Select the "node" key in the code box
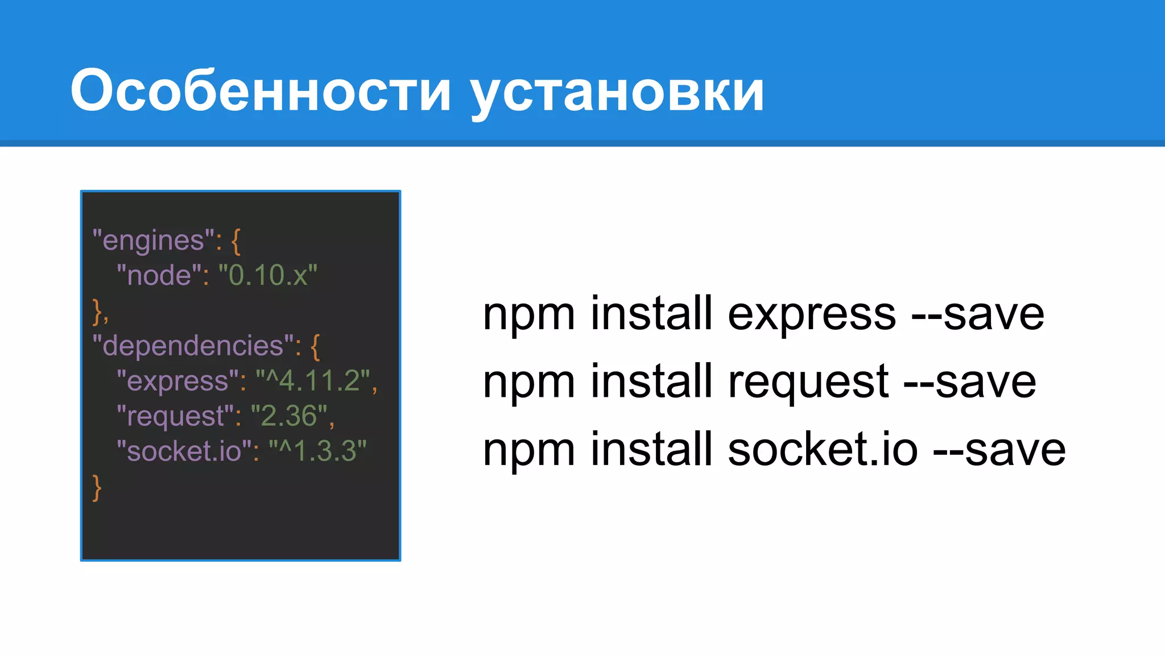(159, 276)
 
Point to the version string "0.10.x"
(268, 276)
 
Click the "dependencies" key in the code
(193, 346)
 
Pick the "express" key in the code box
(177, 381)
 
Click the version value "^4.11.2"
(312, 381)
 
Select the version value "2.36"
(288, 416)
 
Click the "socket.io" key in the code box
(184, 451)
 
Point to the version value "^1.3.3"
(317, 451)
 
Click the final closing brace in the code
(97, 488)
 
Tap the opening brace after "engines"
(236, 242)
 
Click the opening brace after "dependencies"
(315, 347)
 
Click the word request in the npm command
(808, 382)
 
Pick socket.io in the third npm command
(823, 450)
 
